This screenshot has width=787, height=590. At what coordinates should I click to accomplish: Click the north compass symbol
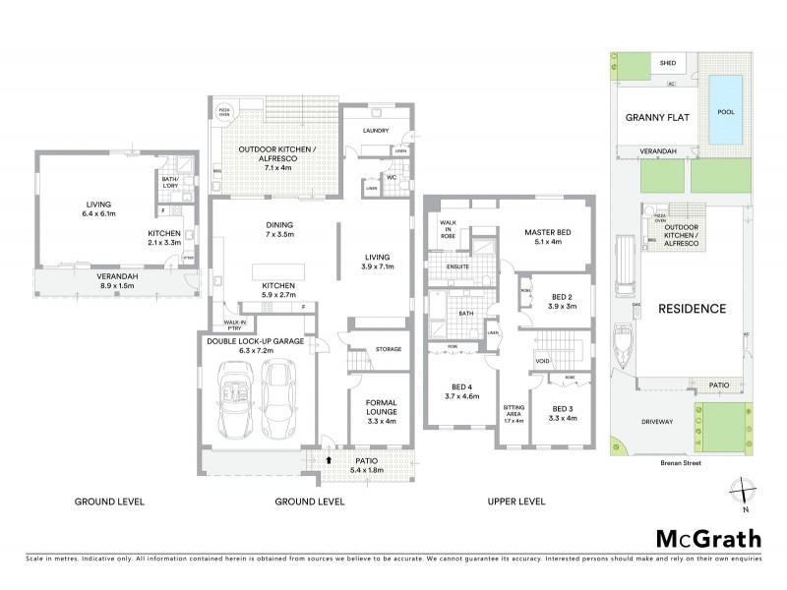(745, 491)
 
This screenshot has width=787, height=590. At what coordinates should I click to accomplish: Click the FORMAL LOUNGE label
(380, 407)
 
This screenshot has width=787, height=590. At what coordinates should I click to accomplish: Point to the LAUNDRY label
(376, 130)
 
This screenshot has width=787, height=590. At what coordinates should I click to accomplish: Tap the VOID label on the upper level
(542, 362)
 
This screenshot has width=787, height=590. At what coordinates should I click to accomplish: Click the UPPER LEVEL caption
(516, 501)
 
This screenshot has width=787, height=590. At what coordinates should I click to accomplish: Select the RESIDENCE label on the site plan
(693, 308)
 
